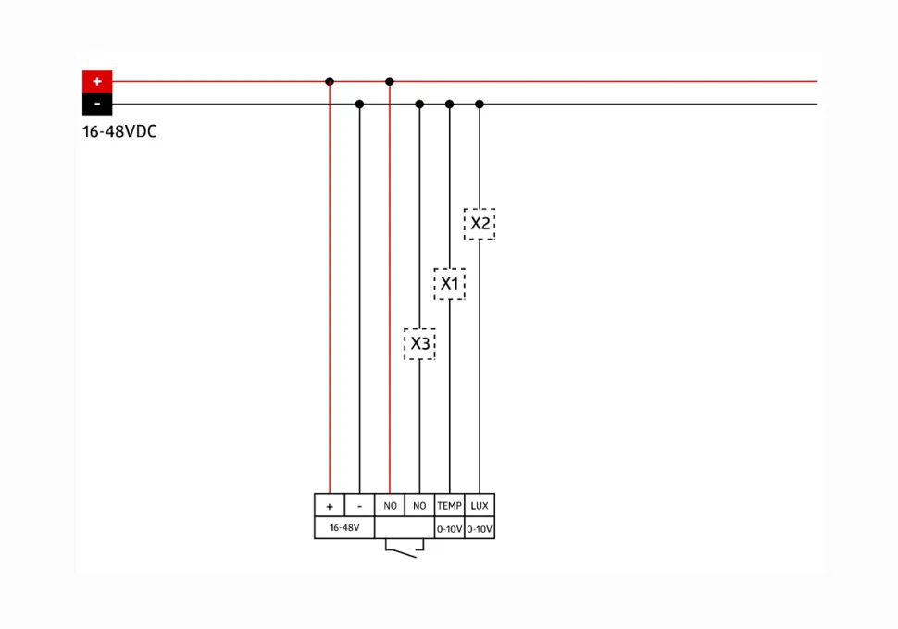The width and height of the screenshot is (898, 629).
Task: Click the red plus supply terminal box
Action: [x=97, y=81]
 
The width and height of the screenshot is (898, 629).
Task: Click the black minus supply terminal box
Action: [x=97, y=105]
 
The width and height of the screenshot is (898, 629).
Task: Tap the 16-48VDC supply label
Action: [x=119, y=131]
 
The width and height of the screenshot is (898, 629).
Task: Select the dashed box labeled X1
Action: [x=450, y=284]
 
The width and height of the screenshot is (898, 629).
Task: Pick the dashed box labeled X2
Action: [x=480, y=224]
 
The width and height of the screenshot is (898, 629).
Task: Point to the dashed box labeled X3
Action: [x=419, y=344]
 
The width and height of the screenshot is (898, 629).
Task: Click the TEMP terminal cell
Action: [x=450, y=505]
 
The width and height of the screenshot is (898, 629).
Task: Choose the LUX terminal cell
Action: [x=480, y=505]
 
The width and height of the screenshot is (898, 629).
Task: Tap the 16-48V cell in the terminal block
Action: [x=344, y=527]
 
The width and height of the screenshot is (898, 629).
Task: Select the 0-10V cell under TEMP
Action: [x=450, y=529]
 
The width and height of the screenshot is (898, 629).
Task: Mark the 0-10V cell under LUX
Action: [x=480, y=529]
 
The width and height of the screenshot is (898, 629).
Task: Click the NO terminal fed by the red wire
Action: [x=390, y=505]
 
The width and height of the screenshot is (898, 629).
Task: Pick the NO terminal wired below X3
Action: [x=419, y=505]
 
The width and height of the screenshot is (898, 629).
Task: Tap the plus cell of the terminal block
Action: [x=330, y=505]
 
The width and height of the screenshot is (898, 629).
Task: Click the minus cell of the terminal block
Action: [x=359, y=505]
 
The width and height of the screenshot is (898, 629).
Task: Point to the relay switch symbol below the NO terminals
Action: [x=405, y=549]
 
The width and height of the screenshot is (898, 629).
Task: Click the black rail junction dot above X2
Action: [x=480, y=105]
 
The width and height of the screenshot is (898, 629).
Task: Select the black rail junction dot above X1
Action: [x=450, y=105]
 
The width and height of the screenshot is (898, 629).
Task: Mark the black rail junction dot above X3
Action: [x=419, y=105]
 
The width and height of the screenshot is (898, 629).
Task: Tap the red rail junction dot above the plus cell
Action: [x=330, y=81]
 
